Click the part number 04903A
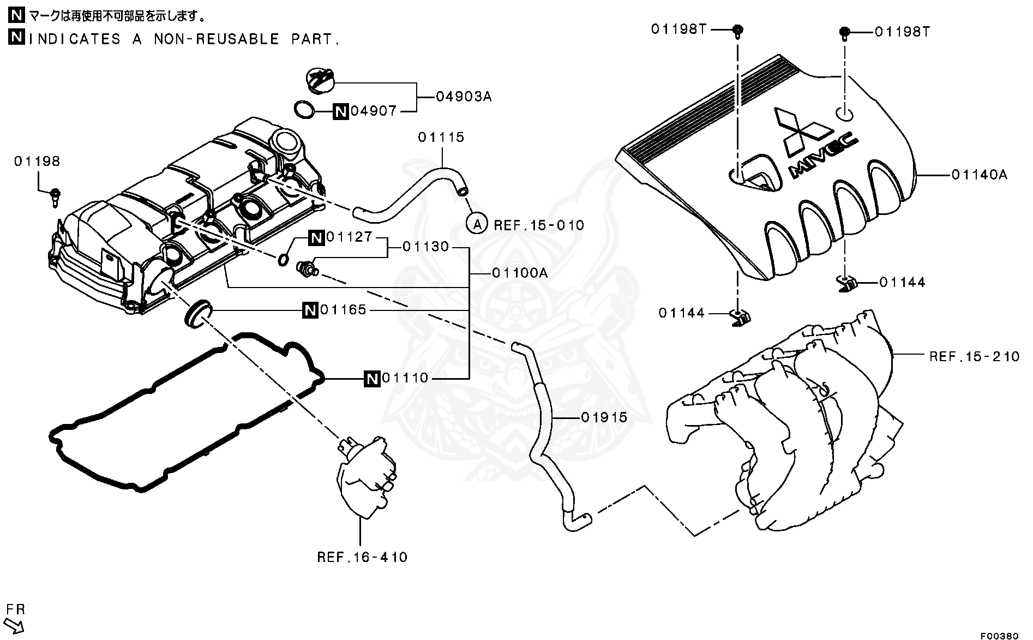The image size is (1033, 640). point(464,97)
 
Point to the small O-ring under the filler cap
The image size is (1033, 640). point(304,109)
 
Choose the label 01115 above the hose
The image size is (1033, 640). point(441,137)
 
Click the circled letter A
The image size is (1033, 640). point(477,223)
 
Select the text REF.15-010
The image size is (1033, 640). point(538,225)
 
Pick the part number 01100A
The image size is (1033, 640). point(519,273)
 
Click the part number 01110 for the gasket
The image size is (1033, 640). point(405,378)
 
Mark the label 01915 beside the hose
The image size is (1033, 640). point(604,418)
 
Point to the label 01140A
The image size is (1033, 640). point(980,175)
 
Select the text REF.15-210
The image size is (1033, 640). point(974,357)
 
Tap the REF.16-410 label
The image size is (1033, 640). point(362,557)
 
